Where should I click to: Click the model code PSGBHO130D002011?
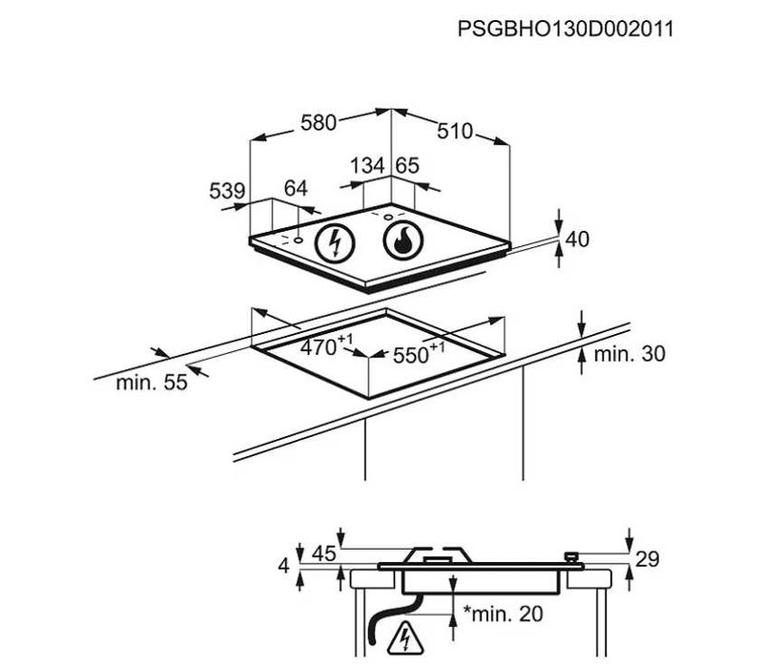point(566,29)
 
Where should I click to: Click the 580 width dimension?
point(319,122)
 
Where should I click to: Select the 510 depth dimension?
point(455,131)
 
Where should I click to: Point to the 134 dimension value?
point(368,165)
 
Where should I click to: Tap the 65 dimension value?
point(407,165)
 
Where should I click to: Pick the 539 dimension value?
point(227,191)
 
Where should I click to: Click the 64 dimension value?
point(297,188)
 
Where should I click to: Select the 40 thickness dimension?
point(577,239)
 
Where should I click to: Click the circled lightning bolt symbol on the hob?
point(335,242)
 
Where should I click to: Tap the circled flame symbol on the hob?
point(403,240)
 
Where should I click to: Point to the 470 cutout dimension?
point(326,345)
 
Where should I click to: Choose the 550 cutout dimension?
point(419,353)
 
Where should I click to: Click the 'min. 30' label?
point(629,353)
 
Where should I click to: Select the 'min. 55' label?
point(152,383)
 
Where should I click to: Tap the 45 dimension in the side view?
point(324,553)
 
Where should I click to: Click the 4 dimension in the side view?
point(283,566)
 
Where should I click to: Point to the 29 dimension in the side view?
point(647,559)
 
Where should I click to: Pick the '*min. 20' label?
point(503,614)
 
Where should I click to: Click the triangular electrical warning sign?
point(405,638)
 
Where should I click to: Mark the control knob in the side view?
point(571,557)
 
